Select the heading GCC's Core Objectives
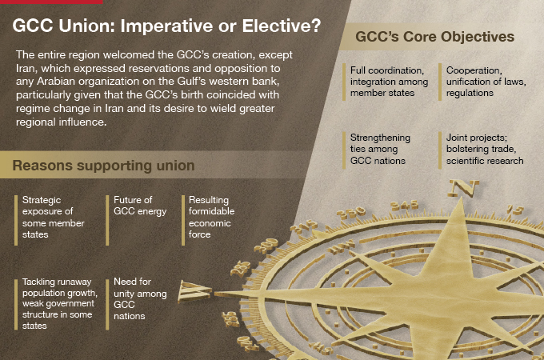(x=434, y=37)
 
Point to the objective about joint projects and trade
(x=485, y=149)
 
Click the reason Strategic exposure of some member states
(x=48, y=217)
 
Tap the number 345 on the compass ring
(x=409, y=204)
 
